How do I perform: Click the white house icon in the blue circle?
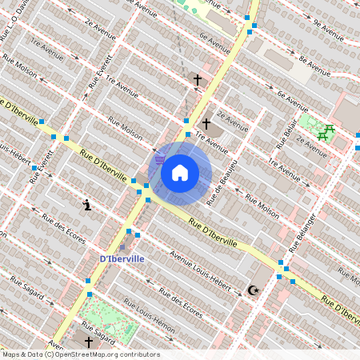pyautogui.click(x=180, y=173)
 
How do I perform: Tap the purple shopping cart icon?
pyautogui.click(x=161, y=159)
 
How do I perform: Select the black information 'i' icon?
pyautogui.click(x=87, y=206)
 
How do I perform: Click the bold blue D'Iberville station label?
pyautogui.click(x=122, y=259)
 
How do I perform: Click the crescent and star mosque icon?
pyautogui.click(x=254, y=290)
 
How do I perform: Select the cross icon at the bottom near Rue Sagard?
pyautogui.click(x=89, y=342)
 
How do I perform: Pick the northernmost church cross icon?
pyautogui.click(x=198, y=80)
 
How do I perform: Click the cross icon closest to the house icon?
pyautogui.click(x=206, y=124)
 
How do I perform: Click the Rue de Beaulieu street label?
pyautogui.click(x=217, y=187)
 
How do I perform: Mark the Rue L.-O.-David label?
pyautogui.click(x=18, y=20)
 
